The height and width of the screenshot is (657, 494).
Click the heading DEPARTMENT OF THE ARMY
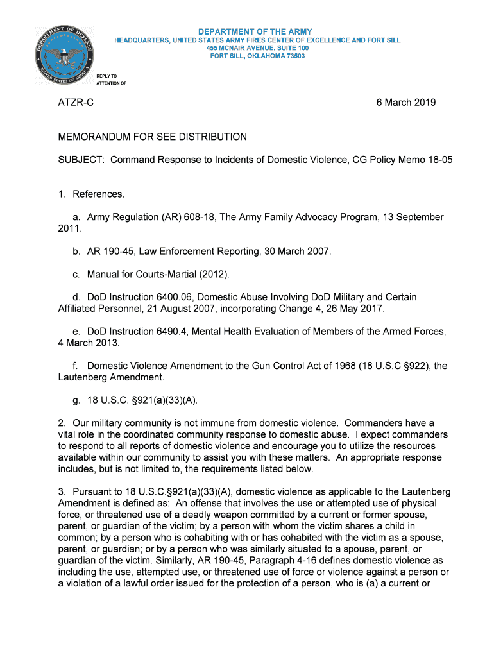[255, 31]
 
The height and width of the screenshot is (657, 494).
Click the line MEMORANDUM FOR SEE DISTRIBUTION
[152, 137]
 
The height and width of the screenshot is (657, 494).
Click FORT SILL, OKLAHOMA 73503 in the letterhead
[257, 56]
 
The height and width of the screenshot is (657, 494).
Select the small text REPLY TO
[106, 76]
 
